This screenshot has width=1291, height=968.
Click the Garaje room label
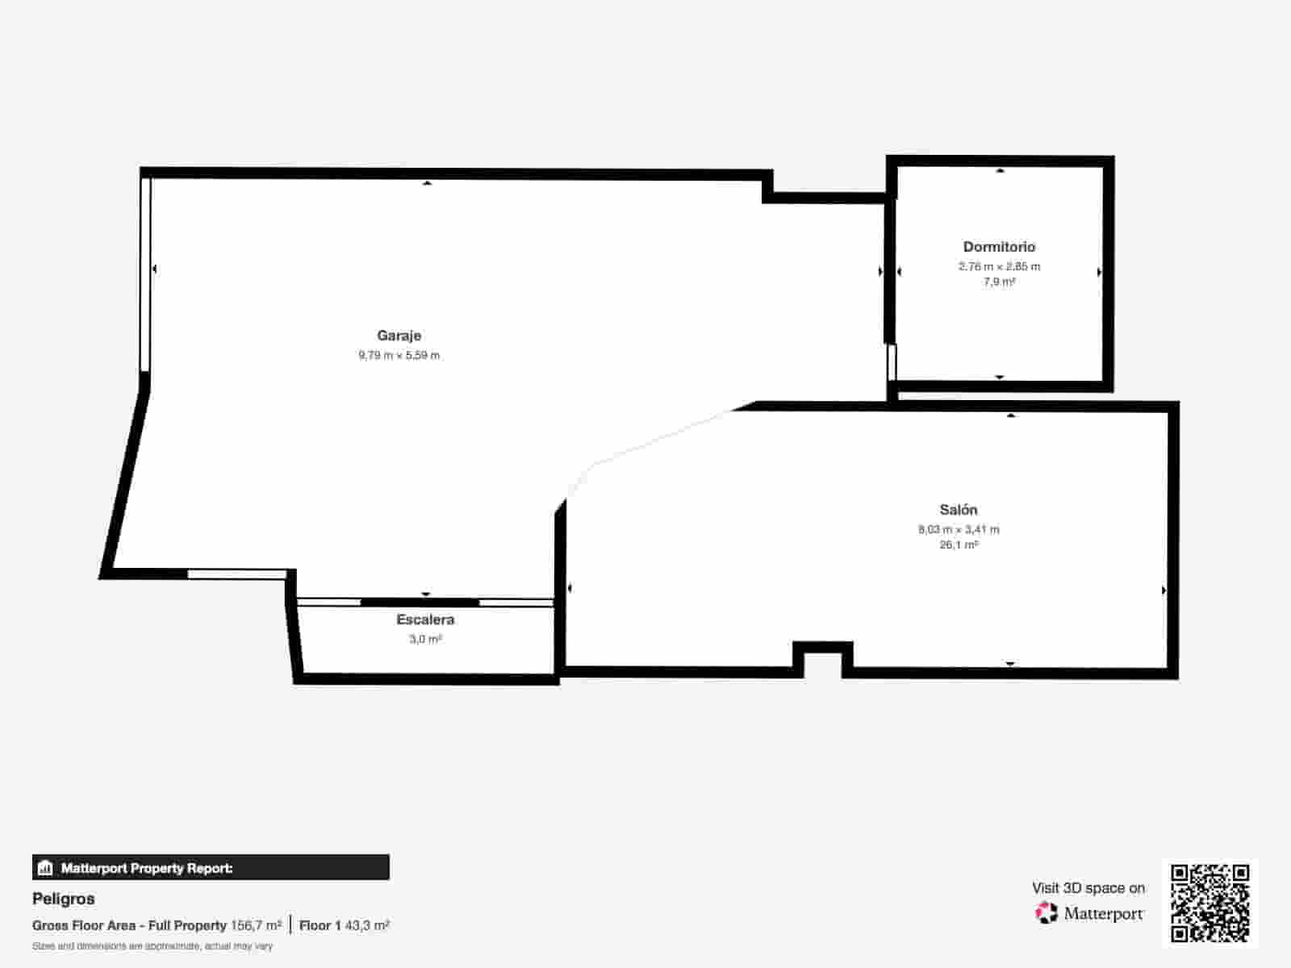(399, 336)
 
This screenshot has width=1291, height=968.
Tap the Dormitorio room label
(999, 247)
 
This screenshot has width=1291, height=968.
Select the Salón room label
(958, 510)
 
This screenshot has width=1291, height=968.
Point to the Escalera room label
(425, 620)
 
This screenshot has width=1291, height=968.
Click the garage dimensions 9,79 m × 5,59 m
(399, 355)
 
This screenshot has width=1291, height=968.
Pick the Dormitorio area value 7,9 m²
(999, 282)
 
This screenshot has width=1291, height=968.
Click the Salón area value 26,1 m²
(958, 544)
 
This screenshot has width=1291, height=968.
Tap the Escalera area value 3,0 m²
(425, 639)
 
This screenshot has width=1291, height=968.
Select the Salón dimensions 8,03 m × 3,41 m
(958, 529)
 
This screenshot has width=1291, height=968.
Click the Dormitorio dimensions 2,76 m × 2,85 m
(999, 266)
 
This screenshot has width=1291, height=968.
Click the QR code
(1210, 903)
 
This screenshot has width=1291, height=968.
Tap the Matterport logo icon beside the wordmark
(1046, 913)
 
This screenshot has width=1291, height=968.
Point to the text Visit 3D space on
(1088, 888)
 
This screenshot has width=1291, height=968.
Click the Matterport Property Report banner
(211, 868)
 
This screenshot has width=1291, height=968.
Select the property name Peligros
(64, 899)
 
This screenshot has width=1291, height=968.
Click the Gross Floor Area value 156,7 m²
(256, 925)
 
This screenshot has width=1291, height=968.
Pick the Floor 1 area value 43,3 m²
(367, 925)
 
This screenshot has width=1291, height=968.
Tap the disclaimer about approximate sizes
(152, 946)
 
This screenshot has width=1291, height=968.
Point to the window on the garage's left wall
(146, 274)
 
